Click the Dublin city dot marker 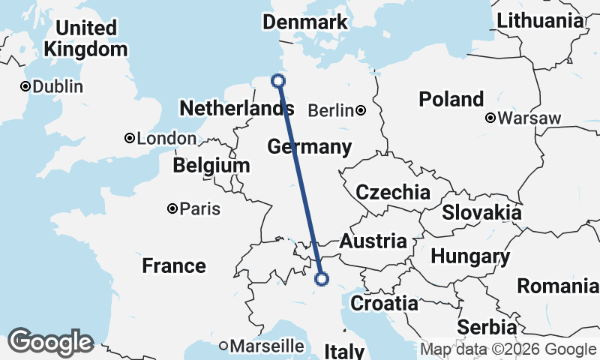coord(25,86)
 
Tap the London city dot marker coord(130,138)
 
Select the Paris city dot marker coord(172,208)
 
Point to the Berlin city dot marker coord(361,111)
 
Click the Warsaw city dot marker coord(490,118)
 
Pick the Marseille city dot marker coord(223,346)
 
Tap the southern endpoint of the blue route coord(322,279)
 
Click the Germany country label coord(309,146)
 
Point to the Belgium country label coord(211,165)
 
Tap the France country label coord(174,265)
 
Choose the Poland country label coord(451,99)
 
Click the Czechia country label coord(393,193)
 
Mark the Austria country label coord(373,241)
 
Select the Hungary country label coord(470,256)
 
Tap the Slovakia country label coord(481,212)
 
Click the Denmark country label coord(305,22)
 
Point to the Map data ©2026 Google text coord(508,349)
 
